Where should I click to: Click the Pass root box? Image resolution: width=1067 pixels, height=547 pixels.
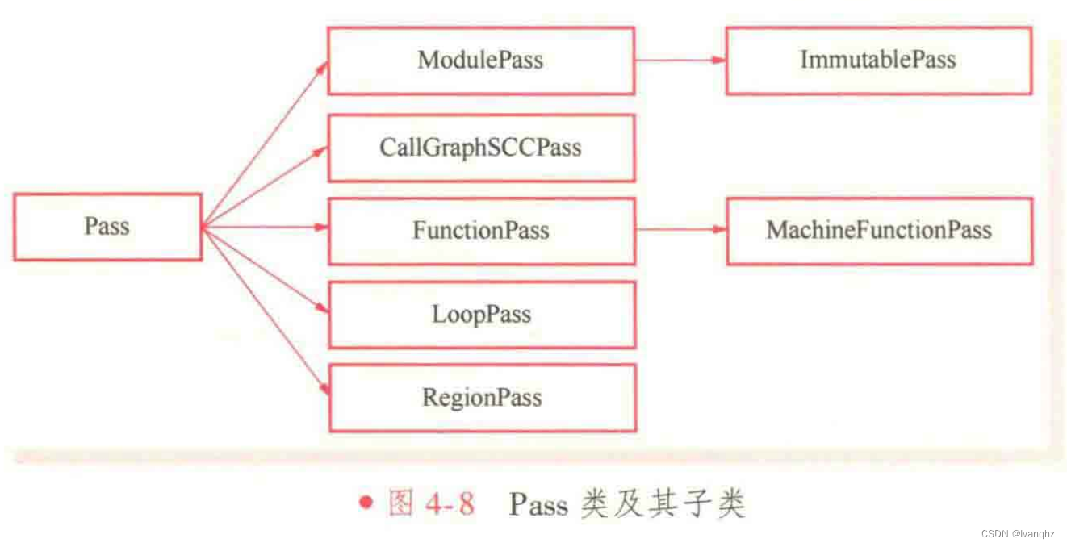(x=107, y=227)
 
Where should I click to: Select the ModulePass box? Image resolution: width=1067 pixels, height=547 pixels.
(x=480, y=61)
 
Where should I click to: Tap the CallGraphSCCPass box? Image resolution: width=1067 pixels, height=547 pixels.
(x=480, y=148)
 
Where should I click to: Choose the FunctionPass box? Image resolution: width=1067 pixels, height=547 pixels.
(x=480, y=231)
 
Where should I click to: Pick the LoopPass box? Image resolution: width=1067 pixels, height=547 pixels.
(x=481, y=314)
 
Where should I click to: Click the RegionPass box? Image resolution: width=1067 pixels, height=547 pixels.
(x=482, y=397)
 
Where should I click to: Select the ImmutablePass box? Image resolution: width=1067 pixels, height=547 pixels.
(x=878, y=61)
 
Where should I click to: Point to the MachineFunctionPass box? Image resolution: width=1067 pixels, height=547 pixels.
(x=879, y=231)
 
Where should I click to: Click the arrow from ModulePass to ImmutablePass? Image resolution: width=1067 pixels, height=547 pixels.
(x=680, y=60)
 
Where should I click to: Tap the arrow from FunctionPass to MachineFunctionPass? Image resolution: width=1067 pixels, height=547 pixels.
(x=680, y=229)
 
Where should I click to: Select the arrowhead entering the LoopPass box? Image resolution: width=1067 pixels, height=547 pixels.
(x=322, y=309)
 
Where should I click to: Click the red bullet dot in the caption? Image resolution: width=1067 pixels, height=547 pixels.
(x=367, y=503)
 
